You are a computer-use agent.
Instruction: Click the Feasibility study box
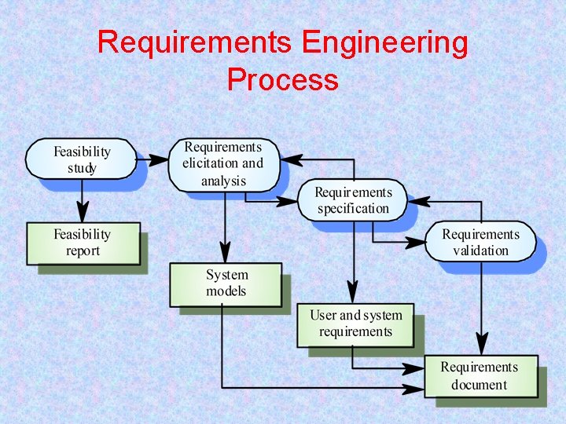pos(81,159)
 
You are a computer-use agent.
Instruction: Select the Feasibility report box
pos(83,243)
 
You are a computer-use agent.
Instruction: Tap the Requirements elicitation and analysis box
pos(223,164)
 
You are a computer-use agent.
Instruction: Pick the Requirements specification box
pos(353,200)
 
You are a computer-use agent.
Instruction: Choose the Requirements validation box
pos(480,242)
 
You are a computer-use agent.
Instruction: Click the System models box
pos(226,283)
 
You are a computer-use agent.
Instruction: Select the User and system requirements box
pos(355,323)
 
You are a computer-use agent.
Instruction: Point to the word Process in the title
pos(282,79)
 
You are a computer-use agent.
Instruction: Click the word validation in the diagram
pos(480,250)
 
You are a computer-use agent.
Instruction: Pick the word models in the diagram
pos(226,291)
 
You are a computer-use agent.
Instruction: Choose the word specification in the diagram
pos(353,209)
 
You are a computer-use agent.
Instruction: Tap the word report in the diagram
pos(83,251)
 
